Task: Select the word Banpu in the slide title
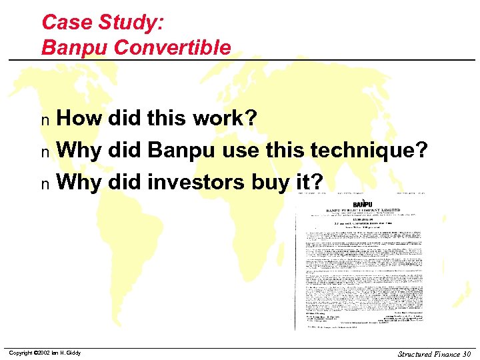[69, 47]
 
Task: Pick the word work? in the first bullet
[225, 119]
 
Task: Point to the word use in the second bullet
[236, 150]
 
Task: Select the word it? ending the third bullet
[309, 181]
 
